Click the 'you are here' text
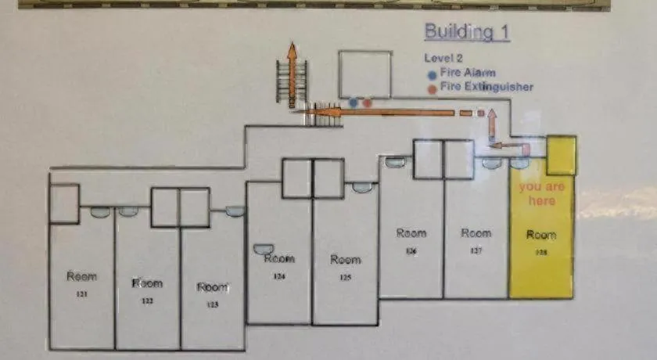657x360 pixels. pyautogui.click(x=540, y=194)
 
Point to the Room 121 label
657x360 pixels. pyautogui.click(x=81, y=283)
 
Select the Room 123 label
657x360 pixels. pyautogui.click(x=212, y=292)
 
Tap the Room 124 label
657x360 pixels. pyautogui.click(x=279, y=263)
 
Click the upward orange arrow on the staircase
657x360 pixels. pyautogui.click(x=292, y=74)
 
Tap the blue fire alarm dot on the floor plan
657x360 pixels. pyautogui.click(x=354, y=103)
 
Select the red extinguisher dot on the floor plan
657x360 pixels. pyautogui.click(x=367, y=103)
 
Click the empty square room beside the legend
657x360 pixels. pyautogui.click(x=364, y=75)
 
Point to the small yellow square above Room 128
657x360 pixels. pyautogui.click(x=561, y=155)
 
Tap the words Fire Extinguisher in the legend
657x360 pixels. pyautogui.click(x=486, y=87)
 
